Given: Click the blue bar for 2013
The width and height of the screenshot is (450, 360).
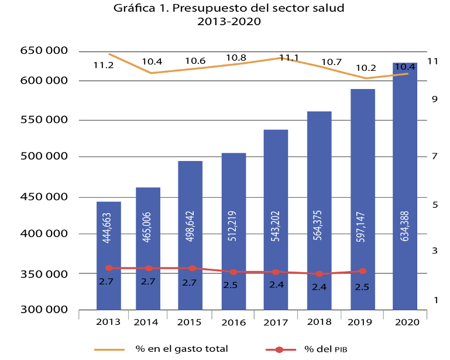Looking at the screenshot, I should pos(108,255).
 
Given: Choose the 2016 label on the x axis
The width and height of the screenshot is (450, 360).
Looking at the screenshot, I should pos(233,323).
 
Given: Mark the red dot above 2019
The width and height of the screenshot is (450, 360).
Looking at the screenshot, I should pos(362,271).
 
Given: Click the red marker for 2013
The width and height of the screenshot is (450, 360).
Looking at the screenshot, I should pos(108,268).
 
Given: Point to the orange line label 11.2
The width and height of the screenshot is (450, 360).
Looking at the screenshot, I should pos(104,65).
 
